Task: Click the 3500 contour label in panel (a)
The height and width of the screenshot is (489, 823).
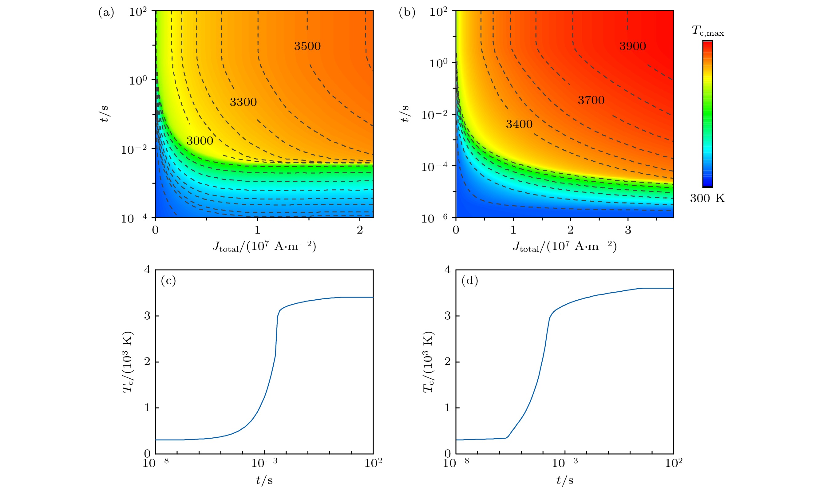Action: coord(307,46)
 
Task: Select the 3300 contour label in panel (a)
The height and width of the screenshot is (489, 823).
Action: coord(243,102)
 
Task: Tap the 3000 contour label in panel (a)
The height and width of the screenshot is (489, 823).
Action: coord(200,141)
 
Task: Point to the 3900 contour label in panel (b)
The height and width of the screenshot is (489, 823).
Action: coord(632,46)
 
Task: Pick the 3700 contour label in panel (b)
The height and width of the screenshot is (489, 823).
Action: coord(591,100)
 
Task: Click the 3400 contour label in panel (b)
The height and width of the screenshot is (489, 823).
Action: coord(519,124)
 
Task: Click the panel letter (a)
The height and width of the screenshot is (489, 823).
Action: coord(106,13)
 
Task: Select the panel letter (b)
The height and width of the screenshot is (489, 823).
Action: coord(407,13)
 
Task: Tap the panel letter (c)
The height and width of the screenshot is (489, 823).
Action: coord(168,280)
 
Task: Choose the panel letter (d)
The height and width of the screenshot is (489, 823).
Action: coord(470,280)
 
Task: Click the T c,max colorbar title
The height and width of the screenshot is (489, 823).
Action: coord(707,31)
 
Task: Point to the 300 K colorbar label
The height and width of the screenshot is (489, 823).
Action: coord(707,198)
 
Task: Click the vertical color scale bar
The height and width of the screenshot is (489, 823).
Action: coord(707,114)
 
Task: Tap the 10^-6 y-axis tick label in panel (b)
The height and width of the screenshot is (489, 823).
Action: coord(434,219)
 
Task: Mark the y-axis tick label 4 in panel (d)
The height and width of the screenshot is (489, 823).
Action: coord(447,270)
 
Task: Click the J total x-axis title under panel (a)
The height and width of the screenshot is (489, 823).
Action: coord(264,246)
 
